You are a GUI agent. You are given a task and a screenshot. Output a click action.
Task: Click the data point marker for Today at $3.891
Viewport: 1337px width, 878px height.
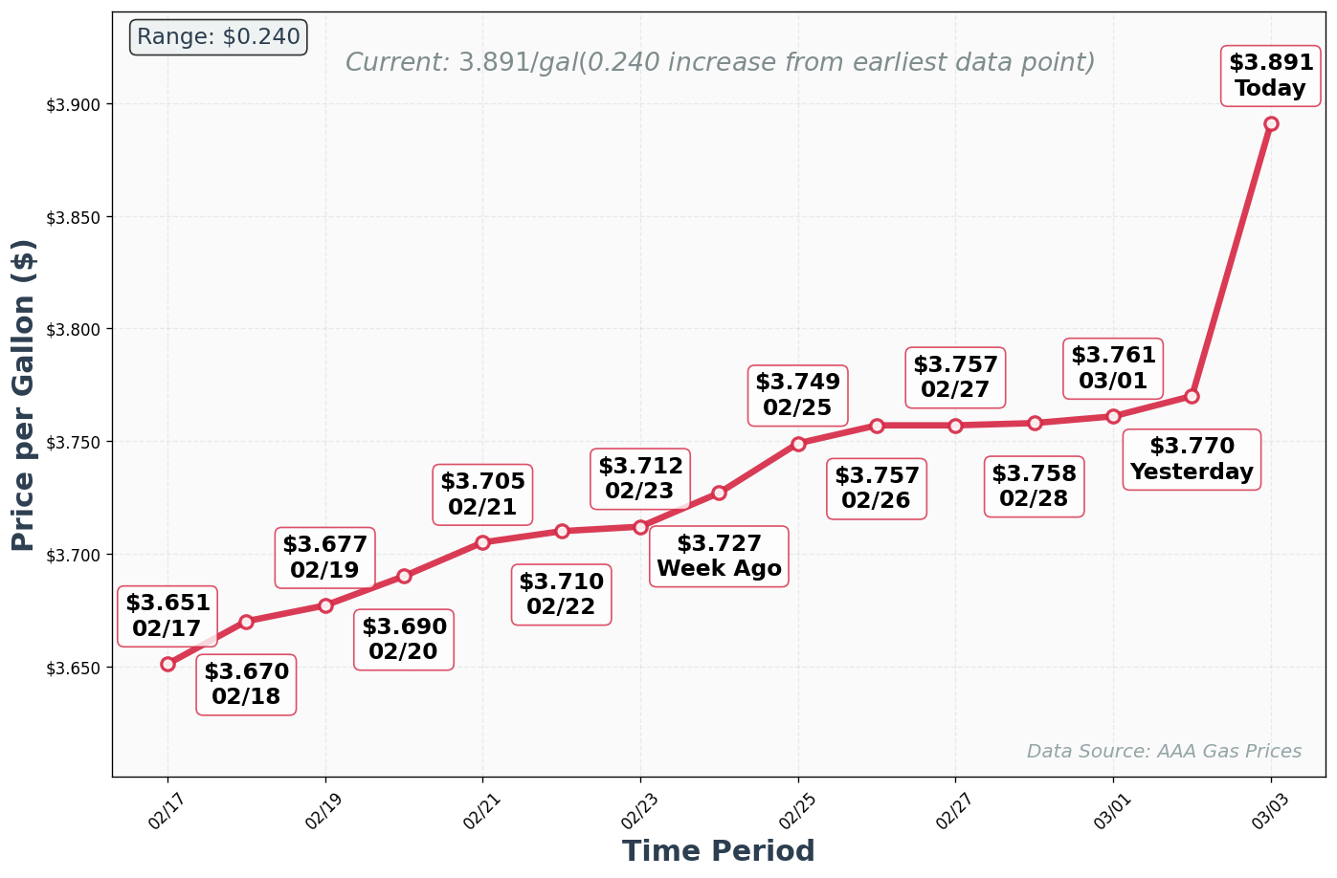coord(1270,124)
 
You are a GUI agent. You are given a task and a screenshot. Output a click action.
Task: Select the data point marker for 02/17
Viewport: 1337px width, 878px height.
coord(168,664)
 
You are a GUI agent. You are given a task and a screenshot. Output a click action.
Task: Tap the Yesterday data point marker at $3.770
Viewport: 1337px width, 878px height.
coord(1192,396)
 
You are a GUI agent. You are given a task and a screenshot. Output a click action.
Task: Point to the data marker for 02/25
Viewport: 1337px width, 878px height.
coord(798,444)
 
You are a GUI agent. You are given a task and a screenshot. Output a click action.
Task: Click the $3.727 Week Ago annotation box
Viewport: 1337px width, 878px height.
coord(719,557)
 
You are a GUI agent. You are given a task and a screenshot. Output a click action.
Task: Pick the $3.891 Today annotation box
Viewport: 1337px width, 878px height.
coord(1270,76)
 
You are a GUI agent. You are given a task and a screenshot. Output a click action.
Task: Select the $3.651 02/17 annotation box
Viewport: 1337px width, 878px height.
coord(167,616)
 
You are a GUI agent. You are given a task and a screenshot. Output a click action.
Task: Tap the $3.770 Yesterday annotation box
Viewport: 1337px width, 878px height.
coord(1192,460)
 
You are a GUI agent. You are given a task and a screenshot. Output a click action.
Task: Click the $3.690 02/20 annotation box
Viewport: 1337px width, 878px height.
coord(404,640)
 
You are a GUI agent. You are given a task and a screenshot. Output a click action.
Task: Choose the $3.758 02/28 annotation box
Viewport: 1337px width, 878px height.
coord(1034,487)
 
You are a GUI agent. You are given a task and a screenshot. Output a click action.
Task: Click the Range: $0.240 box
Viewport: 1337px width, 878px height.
coord(218,37)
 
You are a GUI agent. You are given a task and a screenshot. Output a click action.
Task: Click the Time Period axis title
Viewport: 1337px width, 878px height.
coord(718,851)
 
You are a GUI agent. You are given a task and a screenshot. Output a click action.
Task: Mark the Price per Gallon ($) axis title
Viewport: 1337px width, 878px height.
coord(24,395)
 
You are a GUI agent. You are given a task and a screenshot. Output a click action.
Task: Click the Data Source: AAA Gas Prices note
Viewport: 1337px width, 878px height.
coord(1164,752)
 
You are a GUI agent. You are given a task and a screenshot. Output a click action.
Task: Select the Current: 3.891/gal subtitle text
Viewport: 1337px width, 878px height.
coord(720,63)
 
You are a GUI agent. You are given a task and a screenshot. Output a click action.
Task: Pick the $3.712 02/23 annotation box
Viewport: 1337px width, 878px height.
coord(640,479)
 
